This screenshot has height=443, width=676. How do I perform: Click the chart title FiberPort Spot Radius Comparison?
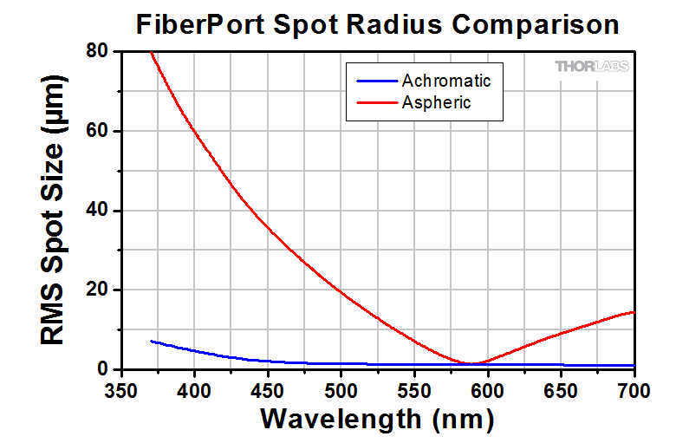pyautogui.click(x=378, y=24)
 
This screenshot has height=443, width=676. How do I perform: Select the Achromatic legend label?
pyautogui.click(x=446, y=81)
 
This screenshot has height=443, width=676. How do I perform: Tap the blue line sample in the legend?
pyautogui.click(x=375, y=81)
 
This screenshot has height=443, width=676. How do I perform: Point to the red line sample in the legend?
pyautogui.click(x=375, y=103)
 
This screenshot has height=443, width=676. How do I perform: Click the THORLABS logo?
pyautogui.click(x=592, y=66)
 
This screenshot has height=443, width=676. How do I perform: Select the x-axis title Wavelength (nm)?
pyautogui.click(x=377, y=419)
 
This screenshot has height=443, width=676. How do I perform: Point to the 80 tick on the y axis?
pyautogui.click(x=96, y=51)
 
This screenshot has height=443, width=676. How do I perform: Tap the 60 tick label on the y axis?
pyautogui.click(x=96, y=131)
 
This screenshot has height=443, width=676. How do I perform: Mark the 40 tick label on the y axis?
pyautogui.click(x=96, y=211)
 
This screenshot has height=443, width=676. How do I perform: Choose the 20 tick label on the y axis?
pyautogui.click(x=96, y=290)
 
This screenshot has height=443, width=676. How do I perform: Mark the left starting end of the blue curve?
pyautogui.click(x=152, y=341)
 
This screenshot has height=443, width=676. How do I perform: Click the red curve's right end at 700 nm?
pyautogui.click(x=634, y=312)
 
